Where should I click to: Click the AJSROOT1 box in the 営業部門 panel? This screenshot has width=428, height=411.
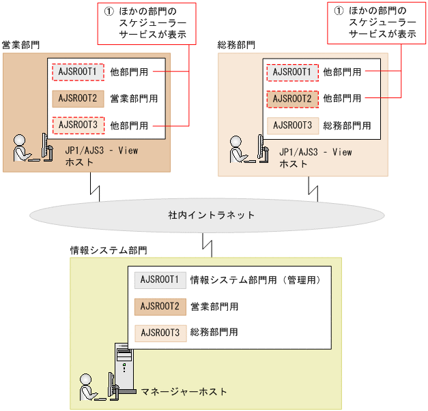[78, 71]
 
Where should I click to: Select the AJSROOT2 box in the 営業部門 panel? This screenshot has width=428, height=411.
[78, 98]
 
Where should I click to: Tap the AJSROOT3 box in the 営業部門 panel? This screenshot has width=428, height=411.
[78, 125]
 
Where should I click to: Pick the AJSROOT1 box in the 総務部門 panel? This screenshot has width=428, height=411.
[292, 71]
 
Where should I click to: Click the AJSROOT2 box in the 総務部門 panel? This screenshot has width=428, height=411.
[292, 98]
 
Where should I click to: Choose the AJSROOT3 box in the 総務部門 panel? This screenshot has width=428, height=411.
[292, 125]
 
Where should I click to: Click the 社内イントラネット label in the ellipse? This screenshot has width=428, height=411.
[212, 215]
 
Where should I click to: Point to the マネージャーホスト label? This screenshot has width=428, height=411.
[184, 391]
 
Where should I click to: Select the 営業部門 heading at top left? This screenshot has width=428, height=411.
[21, 45]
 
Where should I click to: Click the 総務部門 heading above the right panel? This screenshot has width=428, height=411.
[236, 45]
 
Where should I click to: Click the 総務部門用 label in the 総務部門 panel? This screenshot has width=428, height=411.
[347, 125]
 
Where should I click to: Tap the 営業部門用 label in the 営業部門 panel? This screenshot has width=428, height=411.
[134, 98]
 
